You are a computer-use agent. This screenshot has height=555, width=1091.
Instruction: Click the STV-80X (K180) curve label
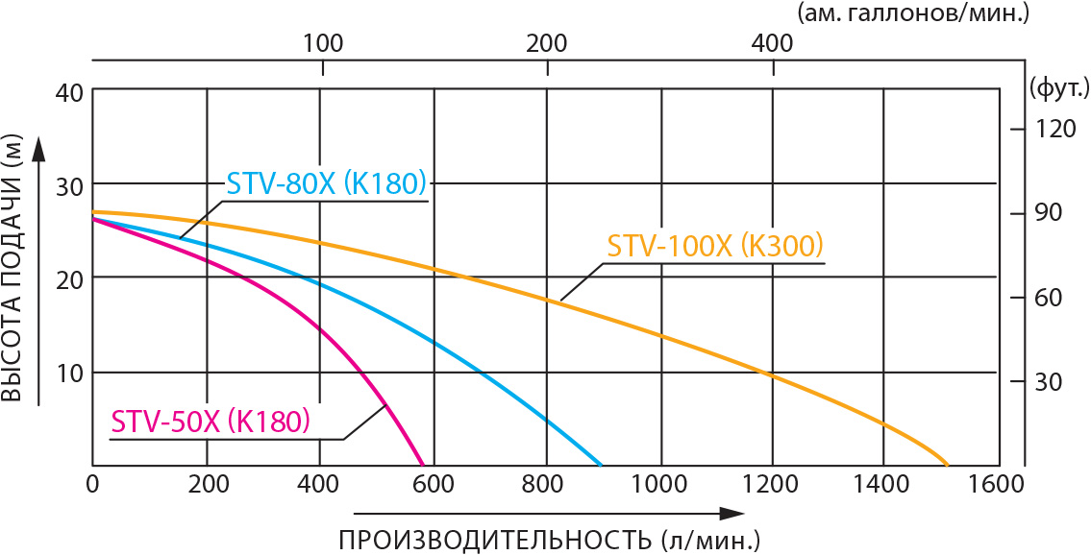click(x=326, y=182)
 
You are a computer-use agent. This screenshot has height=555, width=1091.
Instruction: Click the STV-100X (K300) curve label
click(x=716, y=246)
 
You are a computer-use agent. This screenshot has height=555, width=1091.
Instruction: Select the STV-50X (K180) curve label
click(x=211, y=422)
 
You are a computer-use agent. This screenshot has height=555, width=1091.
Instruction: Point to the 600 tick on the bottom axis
click(x=434, y=484)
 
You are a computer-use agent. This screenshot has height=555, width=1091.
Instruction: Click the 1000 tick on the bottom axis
click(x=659, y=484)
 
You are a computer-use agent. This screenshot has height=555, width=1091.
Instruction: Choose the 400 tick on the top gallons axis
click(x=771, y=43)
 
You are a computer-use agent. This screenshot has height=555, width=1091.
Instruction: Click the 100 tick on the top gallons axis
click(x=323, y=43)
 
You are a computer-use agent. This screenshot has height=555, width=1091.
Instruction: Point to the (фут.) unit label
click(x=1058, y=90)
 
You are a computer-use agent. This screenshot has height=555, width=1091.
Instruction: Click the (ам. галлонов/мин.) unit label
click(x=940, y=12)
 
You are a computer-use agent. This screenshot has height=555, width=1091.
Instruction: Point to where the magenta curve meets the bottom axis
click(x=423, y=465)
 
